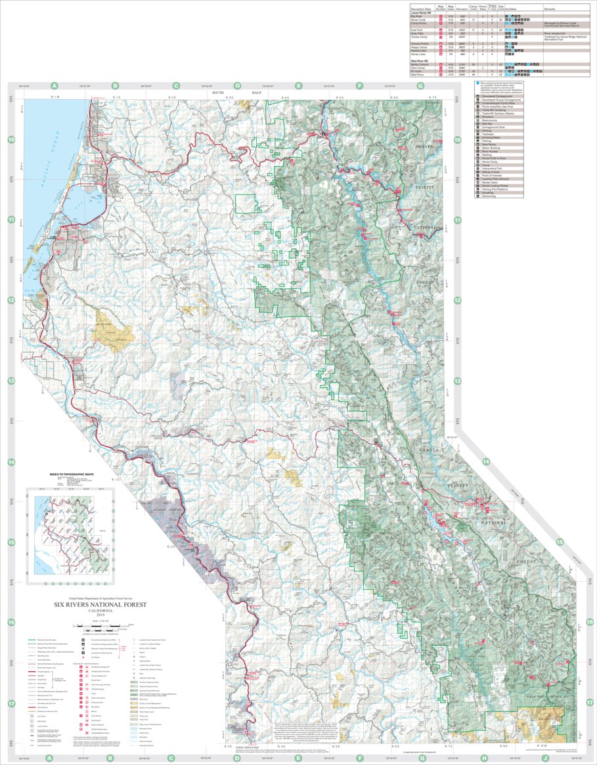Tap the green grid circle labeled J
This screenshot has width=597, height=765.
click(x=544, y=757)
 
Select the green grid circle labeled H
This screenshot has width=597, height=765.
click(x=483, y=757)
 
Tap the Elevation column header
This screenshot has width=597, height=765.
click(x=462, y=9)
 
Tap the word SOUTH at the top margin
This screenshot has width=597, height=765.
click(x=218, y=93)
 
